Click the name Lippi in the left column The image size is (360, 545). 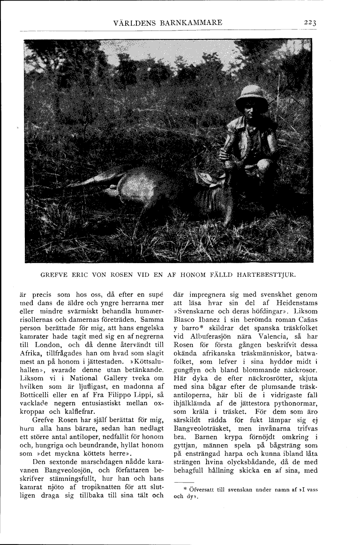(134, 394)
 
